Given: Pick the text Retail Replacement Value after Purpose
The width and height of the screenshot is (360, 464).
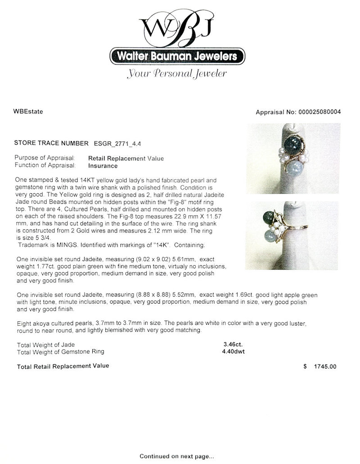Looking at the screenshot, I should click(126, 158).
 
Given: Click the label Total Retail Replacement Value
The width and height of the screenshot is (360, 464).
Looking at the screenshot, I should click(63, 366).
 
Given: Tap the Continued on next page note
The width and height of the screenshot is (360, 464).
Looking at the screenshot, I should click(180, 456).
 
